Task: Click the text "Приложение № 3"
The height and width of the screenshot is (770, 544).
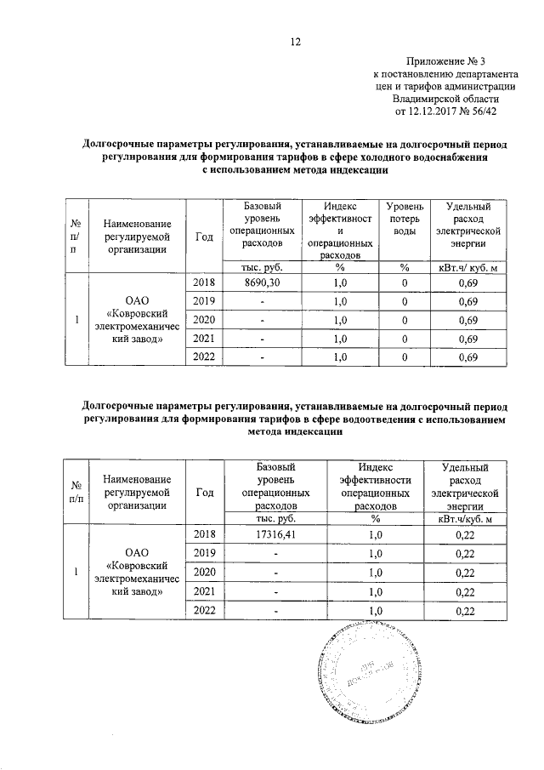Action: click(449, 62)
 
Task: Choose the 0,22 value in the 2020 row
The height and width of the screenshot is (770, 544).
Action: click(467, 571)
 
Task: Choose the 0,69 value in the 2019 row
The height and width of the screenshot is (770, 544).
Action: click(467, 302)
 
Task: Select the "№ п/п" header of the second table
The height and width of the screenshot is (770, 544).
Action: click(76, 491)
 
